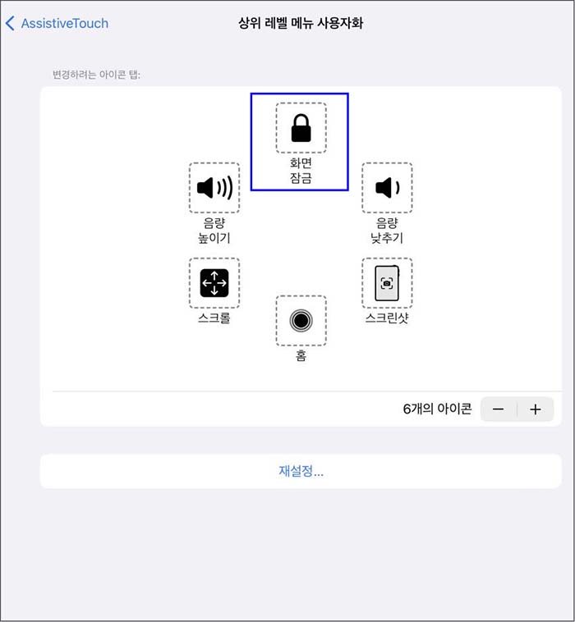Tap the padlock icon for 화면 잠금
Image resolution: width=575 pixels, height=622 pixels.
pos(301,128)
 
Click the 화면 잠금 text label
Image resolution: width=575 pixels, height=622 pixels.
pos(301,169)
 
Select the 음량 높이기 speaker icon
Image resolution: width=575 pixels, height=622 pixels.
pos(214,188)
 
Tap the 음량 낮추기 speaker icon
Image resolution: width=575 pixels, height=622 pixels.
pos(387,188)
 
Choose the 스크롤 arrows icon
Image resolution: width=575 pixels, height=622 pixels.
pos(214,283)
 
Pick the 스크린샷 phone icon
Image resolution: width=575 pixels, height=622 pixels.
pos(387,283)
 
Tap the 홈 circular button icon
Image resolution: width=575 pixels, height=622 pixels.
pos(301,321)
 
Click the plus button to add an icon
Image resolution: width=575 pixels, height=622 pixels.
pos(536,409)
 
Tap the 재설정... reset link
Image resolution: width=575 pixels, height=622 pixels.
pos(301,472)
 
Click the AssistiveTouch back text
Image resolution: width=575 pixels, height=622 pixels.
pos(65,23)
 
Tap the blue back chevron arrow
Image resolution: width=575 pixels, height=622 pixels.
pos(10,23)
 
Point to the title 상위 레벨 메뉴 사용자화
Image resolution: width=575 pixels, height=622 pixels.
pos(301,23)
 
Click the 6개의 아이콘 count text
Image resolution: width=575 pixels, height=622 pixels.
pos(437,409)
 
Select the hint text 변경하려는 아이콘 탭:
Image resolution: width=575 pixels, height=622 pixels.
pos(97,75)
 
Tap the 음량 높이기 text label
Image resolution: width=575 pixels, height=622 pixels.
pos(214,231)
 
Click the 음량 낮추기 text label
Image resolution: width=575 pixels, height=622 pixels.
pos(387,231)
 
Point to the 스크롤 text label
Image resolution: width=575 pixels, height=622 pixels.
pos(214,318)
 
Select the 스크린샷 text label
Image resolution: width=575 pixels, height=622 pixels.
pos(387,318)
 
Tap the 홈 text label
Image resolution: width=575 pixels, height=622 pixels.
pos(301,356)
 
